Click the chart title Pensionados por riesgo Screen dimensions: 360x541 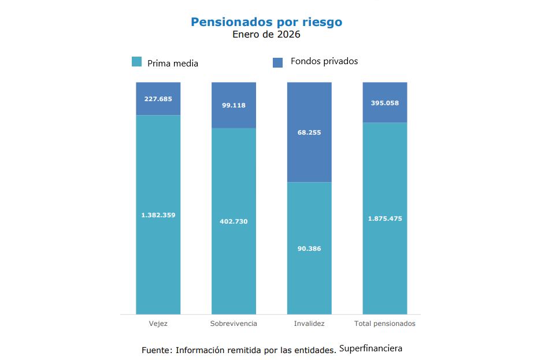tap(266, 22)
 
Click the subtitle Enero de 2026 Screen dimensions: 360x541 tap(266, 35)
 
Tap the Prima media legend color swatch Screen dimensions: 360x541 tap(137, 62)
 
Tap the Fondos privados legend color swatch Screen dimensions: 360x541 tap(277, 62)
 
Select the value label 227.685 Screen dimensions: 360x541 tap(158, 99)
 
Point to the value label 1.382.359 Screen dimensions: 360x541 tap(158, 215)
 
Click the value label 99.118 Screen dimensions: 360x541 tap(234, 105)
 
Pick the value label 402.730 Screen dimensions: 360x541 tap(234, 221)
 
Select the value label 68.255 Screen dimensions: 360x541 tap(309, 132)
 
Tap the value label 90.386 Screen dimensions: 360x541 tap(309, 248)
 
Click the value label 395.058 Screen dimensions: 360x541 tap(384, 103)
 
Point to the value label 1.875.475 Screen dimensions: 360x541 tap(384, 218)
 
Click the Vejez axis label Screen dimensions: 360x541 tap(158, 324)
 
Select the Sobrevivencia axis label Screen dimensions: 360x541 tap(234, 324)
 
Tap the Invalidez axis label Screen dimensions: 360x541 tap(309, 324)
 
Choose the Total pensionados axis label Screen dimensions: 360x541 tap(384, 324)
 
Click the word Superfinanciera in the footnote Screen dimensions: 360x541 tap(370, 348)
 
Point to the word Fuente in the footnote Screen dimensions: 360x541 tap(155, 350)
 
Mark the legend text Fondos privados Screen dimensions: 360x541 tap(324, 61)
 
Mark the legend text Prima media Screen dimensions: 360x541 tap(173, 64)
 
